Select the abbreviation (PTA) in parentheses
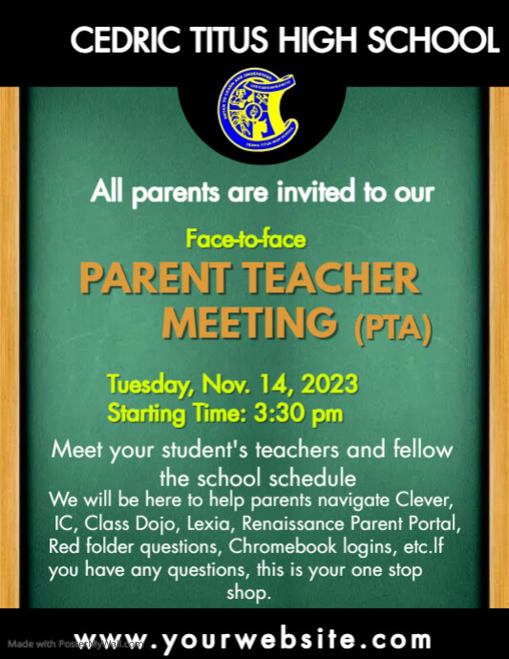392,329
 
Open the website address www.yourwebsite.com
253,639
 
